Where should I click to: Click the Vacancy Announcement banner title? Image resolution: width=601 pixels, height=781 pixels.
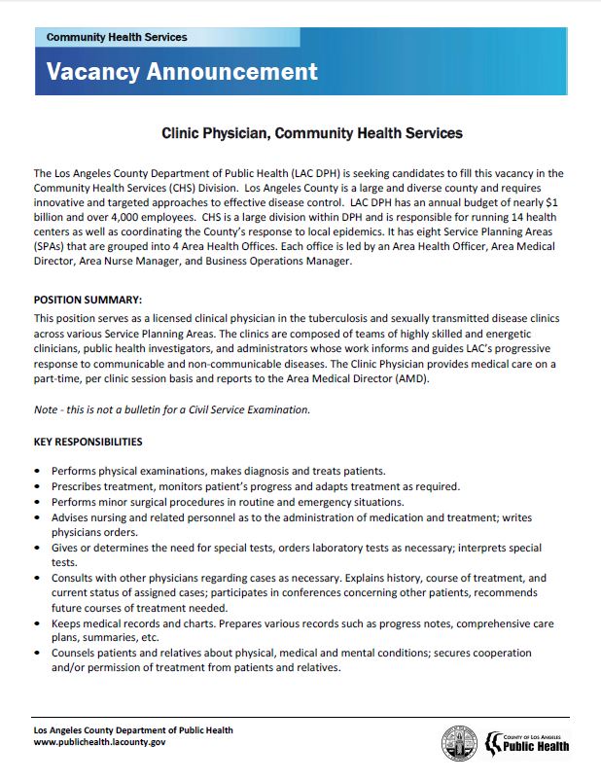pyautogui.click(x=182, y=71)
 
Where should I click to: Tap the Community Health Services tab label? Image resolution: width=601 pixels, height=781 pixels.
pyautogui.click(x=117, y=37)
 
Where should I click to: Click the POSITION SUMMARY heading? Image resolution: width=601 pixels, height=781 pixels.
pyautogui.click(x=88, y=300)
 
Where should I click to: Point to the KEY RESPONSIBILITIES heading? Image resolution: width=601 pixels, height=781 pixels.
pyautogui.click(x=88, y=442)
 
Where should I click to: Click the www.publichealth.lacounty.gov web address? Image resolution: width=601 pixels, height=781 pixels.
pyautogui.click(x=100, y=742)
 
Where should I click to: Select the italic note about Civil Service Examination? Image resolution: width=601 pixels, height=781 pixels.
pyautogui.click(x=172, y=409)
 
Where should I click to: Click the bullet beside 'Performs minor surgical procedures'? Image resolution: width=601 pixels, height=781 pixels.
pyautogui.click(x=37, y=503)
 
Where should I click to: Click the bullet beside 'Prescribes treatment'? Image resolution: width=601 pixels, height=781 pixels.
pyautogui.click(x=37, y=486)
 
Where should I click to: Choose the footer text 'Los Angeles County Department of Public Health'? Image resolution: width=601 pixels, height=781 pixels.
pyautogui.click(x=133, y=729)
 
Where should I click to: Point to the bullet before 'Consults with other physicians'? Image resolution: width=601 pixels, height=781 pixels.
pyautogui.click(x=37, y=578)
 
